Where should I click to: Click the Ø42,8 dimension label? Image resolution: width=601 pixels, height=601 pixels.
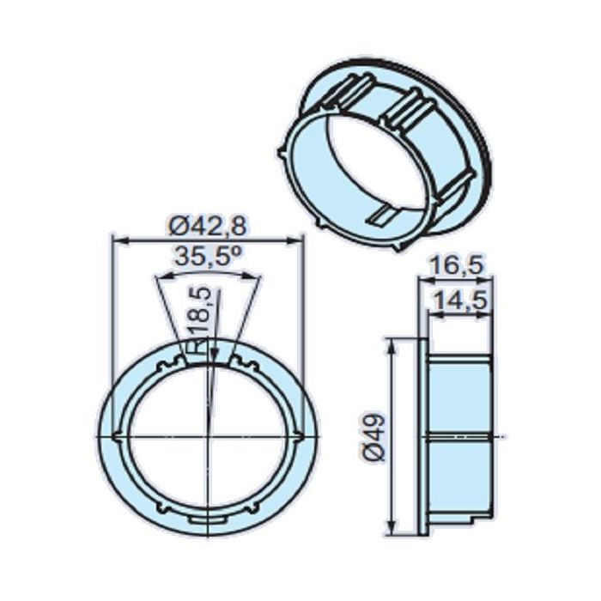pos(209,225)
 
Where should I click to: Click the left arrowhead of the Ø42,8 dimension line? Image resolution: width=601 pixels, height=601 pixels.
pos(118,240)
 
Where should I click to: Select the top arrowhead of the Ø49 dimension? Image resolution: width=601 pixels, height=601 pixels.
pos(392,343)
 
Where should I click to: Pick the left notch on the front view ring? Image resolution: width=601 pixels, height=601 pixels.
pos(118,438)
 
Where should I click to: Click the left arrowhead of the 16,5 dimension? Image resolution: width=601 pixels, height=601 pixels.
pos(421,278)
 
